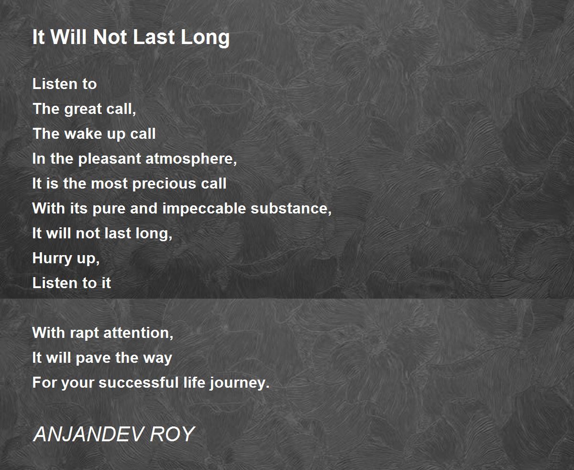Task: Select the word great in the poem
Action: click(x=83, y=110)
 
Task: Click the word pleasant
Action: click(x=110, y=159)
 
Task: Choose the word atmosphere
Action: click(x=191, y=159)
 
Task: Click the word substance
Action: click(x=291, y=209)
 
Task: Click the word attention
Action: click(x=138, y=333)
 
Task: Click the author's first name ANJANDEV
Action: click(x=88, y=434)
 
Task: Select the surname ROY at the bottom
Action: click(x=172, y=434)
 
